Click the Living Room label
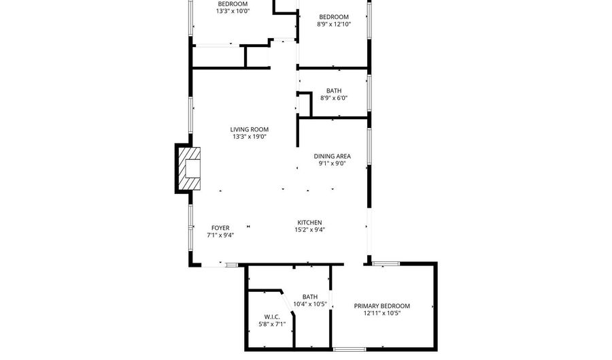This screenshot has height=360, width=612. coord(249,129)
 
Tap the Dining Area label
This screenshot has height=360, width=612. coord(332,157)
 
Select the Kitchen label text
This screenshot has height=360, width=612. coord(309,223)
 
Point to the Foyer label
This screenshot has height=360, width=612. coord(220,228)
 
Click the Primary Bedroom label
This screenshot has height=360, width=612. coord(381,306)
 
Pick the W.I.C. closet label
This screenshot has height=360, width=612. coord(271,317)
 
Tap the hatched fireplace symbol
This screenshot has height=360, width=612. coord(189,168)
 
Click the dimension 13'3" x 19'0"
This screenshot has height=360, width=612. coord(249,137)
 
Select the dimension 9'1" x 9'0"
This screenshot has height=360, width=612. coord(332,163)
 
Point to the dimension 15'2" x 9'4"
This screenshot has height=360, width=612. coord(309,229)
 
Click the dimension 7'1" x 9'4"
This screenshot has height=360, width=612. coord(220,235)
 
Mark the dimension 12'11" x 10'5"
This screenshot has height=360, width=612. coord(381,313)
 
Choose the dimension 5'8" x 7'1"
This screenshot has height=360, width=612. coord(271,324)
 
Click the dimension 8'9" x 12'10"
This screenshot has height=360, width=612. coord(334,24)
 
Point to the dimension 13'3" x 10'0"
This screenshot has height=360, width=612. coord(233,11)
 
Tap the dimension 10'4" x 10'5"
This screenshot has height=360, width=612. coord(310,304)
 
